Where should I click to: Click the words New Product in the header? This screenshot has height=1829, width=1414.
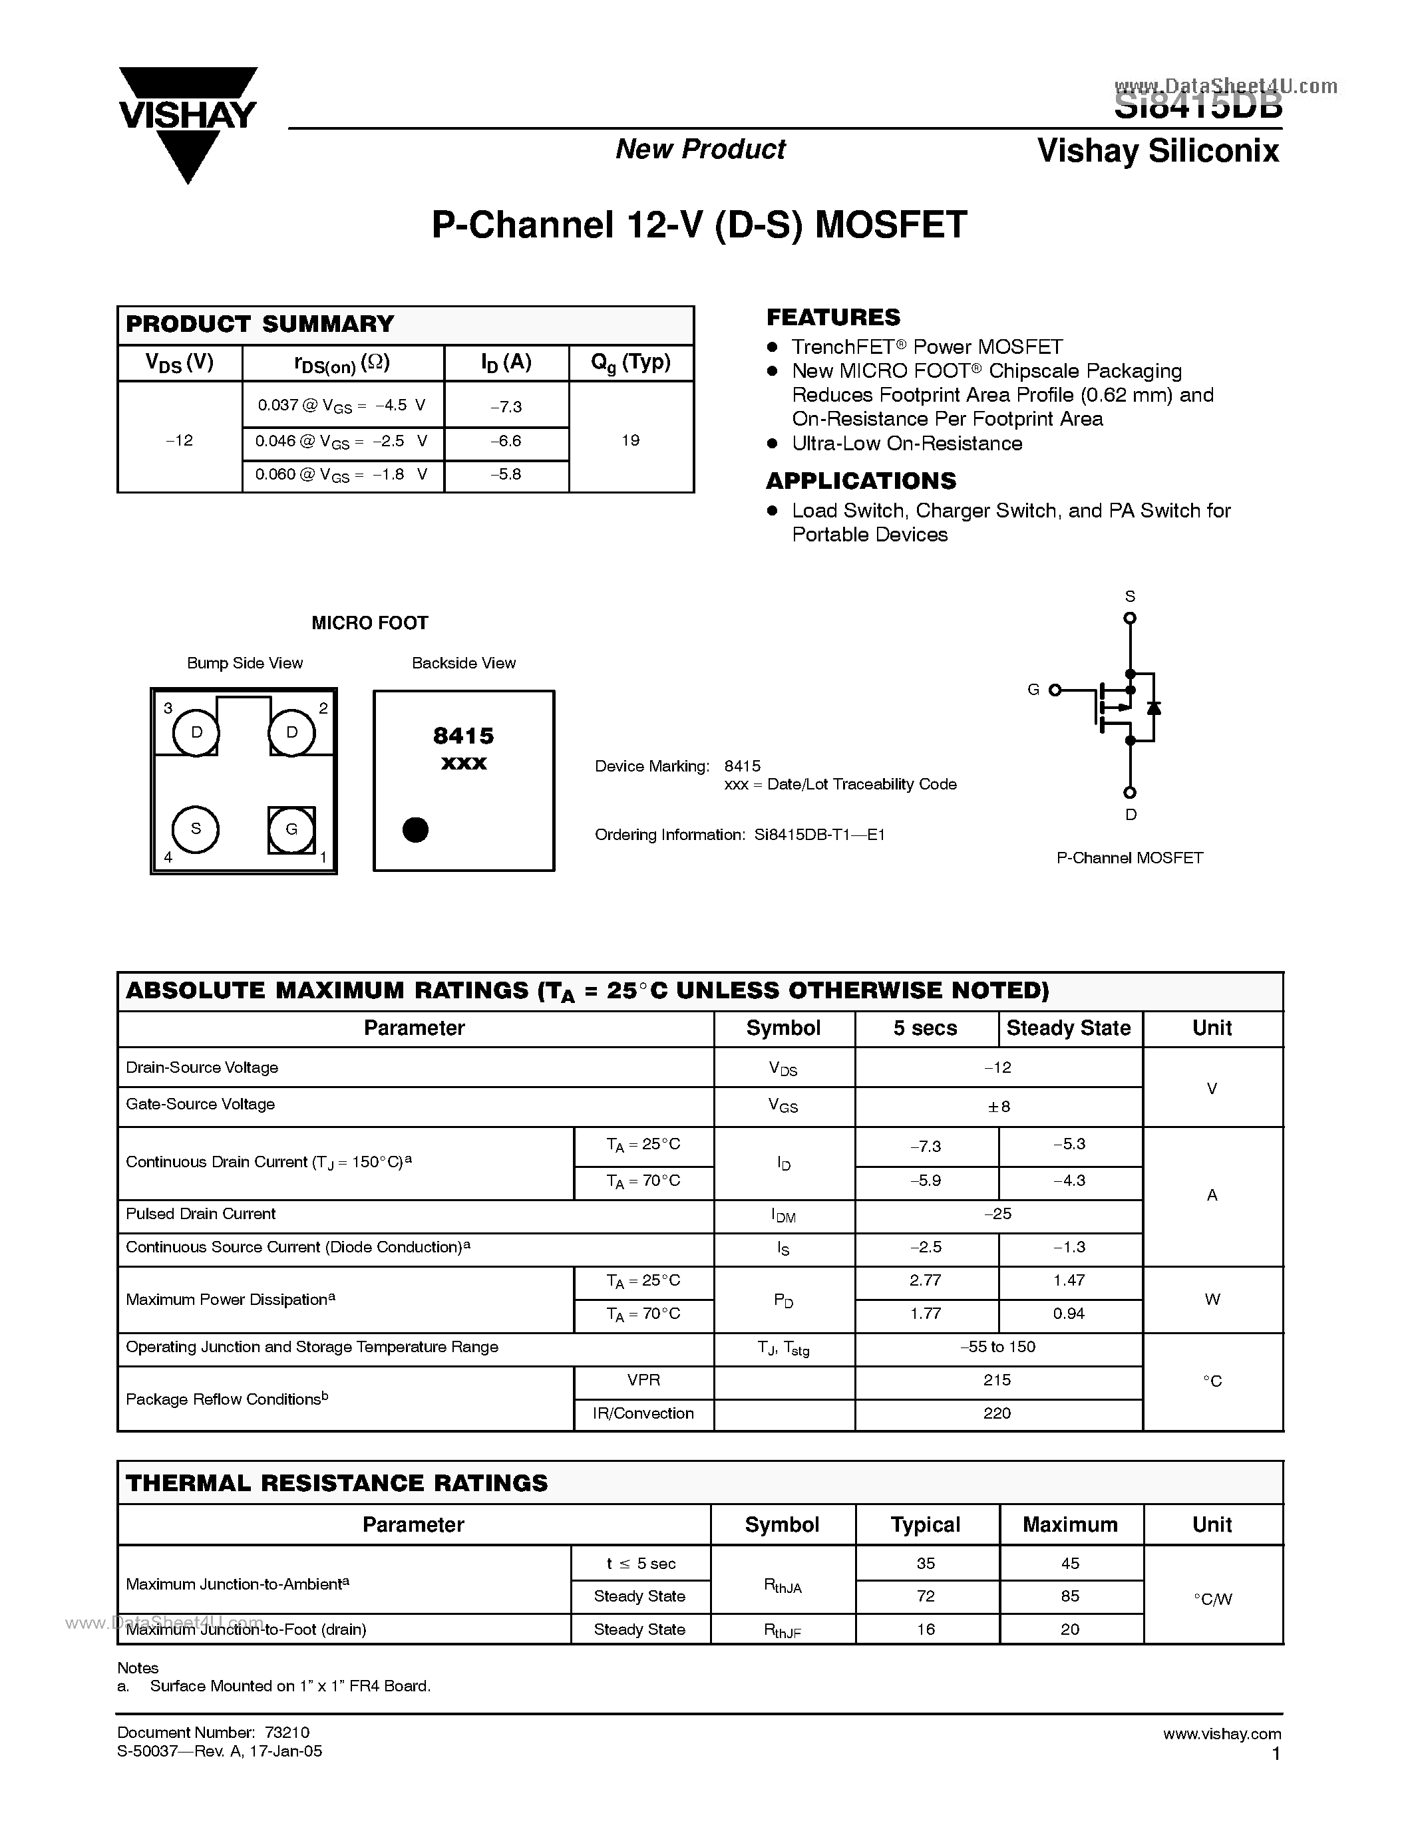coord(700,149)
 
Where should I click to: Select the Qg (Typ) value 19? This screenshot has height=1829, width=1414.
coord(631,440)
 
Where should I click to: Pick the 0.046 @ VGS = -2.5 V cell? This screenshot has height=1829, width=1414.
coord(342,442)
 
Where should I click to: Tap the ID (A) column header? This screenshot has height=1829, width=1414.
coord(506,362)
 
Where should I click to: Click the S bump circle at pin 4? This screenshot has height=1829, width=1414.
coord(195,829)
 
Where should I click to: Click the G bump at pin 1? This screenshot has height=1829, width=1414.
coord(291,829)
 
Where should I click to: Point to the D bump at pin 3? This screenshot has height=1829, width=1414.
coord(196,733)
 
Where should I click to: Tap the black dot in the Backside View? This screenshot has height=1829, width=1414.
coord(415,830)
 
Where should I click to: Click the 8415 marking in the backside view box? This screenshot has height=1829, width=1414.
coord(463,736)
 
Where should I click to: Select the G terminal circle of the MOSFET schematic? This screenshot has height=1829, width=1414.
coord(1055,690)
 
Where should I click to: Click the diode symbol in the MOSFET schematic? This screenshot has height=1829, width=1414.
coord(1153,708)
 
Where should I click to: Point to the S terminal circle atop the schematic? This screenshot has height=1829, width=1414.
coord(1129,618)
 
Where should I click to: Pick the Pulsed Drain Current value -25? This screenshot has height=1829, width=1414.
coord(997,1214)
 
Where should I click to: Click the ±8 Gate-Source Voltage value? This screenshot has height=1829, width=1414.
coord(999,1106)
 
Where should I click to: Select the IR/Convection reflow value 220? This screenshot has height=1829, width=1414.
coord(997,1413)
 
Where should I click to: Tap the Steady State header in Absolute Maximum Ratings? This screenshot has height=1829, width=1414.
coord(1069,1028)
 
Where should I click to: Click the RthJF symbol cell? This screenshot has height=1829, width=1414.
coord(783,1629)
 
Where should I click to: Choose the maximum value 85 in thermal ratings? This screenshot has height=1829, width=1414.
coord(1070,1596)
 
